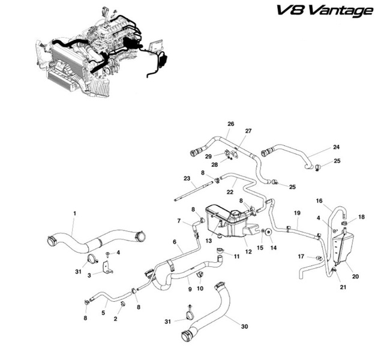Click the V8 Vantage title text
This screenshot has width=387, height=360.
click(x=325, y=11)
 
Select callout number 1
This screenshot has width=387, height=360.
click(x=75, y=213)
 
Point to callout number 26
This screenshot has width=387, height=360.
click(x=230, y=124)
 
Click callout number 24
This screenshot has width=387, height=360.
click(x=337, y=146)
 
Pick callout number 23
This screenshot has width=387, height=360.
click(x=187, y=178)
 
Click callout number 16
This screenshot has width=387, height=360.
click(x=319, y=200)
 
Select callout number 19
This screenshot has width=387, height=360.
click(x=296, y=213)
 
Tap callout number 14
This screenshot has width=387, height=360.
click(x=272, y=248)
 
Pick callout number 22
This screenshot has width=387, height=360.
click(x=229, y=192)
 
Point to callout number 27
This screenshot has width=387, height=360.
click(x=248, y=130)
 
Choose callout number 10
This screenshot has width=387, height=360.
click(x=200, y=288)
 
